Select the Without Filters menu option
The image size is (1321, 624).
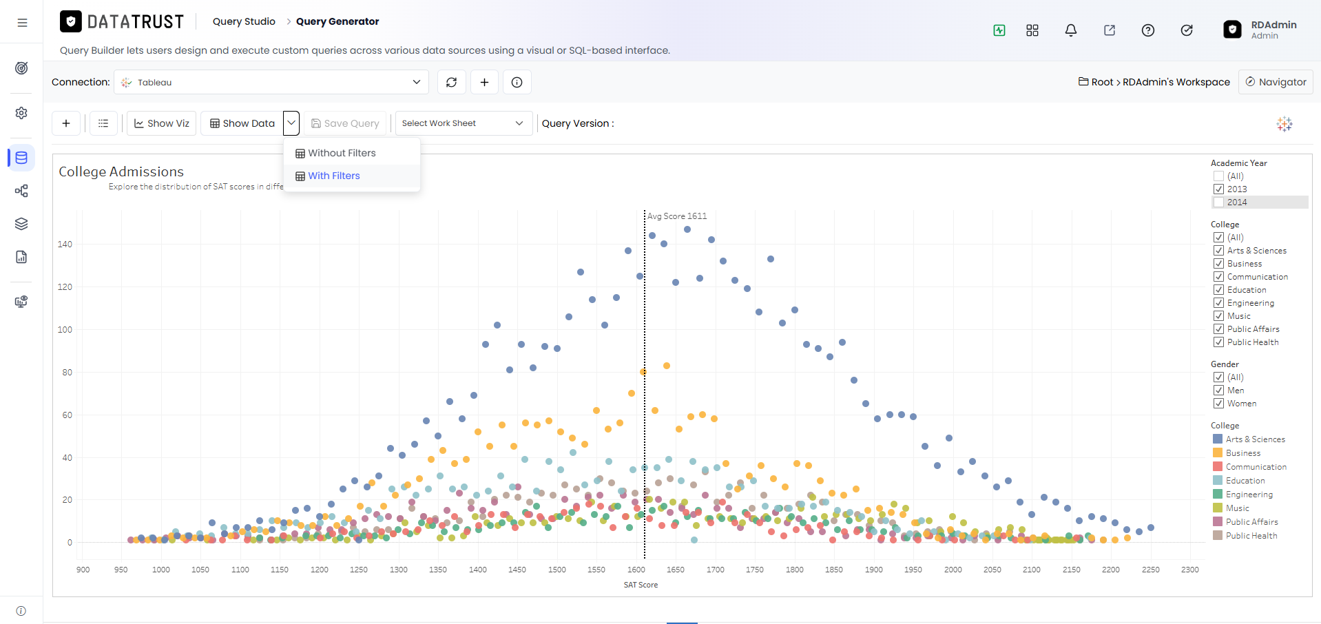coord(335,153)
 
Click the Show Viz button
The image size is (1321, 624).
coord(162,123)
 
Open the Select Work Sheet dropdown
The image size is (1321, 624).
coord(464,123)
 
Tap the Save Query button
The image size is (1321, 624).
coord(345,123)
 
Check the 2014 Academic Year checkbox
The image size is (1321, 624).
coord(1218,202)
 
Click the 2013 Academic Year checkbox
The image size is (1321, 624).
coord(1218,189)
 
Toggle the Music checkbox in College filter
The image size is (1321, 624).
coord(1218,316)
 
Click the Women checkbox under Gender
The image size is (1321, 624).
coord(1218,404)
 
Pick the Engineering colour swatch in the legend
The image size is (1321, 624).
coord(1218,495)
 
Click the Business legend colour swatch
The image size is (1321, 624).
coord(1218,453)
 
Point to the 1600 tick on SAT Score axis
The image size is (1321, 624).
coord(636,570)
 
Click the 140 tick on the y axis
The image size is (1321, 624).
coord(65,244)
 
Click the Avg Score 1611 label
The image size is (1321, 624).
coord(677,216)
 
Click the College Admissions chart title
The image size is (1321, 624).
coord(121,171)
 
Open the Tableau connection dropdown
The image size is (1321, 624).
coord(271,82)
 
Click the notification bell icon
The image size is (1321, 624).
coord(1071,30)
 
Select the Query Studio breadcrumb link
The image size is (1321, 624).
coord(244,21)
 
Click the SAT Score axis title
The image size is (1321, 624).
coord(641,585)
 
